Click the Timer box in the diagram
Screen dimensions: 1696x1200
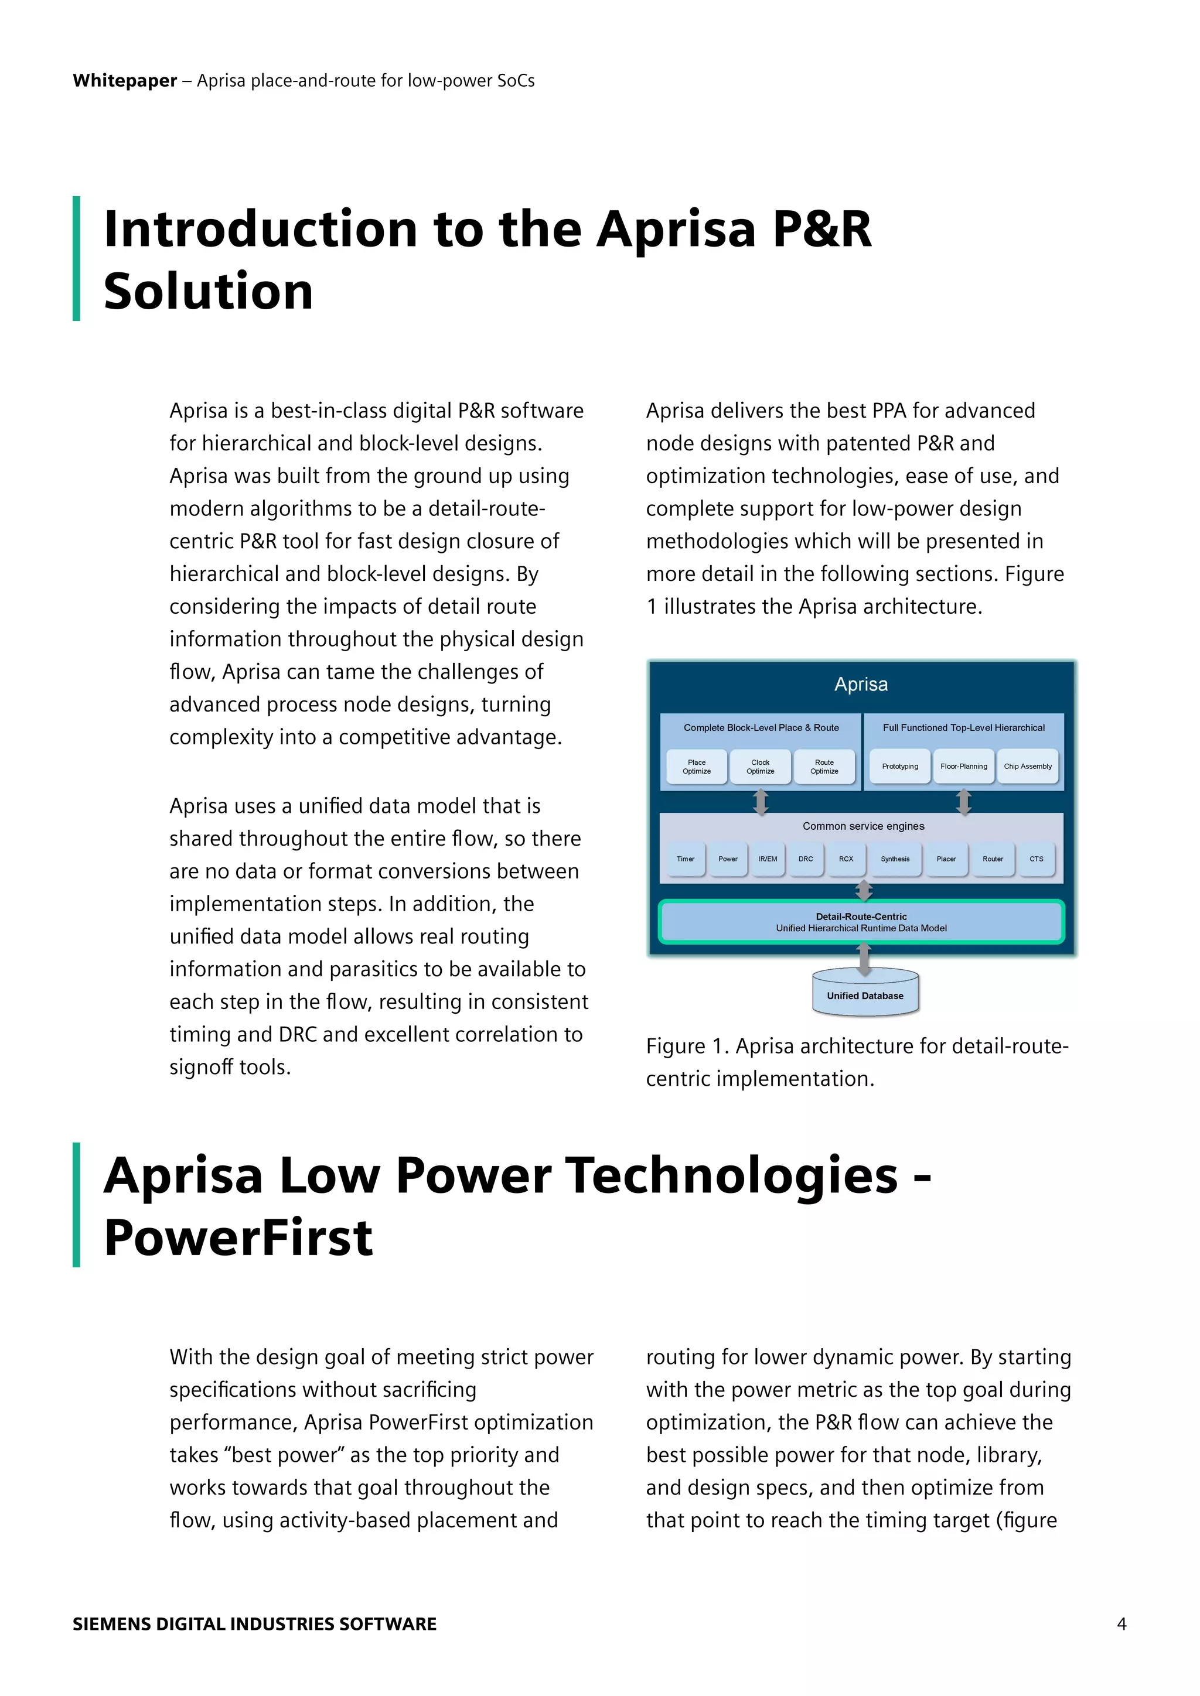click(x=685, y=859)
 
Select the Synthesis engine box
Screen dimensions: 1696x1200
click(x=895, y=859)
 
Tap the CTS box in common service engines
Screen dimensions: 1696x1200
click(x=1036, y=859)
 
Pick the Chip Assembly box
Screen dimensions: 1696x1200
click(x=1027, y=766)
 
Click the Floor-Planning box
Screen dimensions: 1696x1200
click(x=963, y=766)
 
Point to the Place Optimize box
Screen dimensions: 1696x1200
click(x=696, y=767)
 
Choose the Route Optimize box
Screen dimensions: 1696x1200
click(x=824, y=767)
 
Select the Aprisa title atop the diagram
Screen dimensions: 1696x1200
click(x=861, y=684)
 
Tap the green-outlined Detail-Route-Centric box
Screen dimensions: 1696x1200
click(x=861, y=922)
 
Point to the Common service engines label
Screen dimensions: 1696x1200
click(x=863, y=826)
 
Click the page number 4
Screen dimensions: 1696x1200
click(x=1121, y=1623)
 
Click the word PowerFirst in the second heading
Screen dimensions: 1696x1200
click(x=238, y=1238)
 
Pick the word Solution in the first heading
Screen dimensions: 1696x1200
click(x=209, y=291)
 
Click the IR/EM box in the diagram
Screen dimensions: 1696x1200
click(x=767, y=859)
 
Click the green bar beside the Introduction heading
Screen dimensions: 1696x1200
click(x=76, y=258)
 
